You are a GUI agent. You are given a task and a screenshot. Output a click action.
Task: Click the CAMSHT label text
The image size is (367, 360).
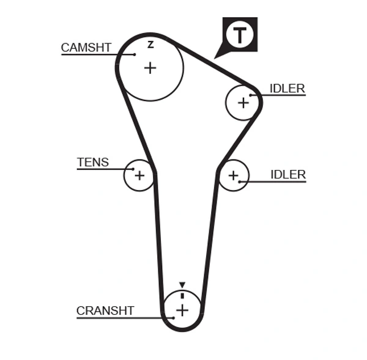(x=86, y=47)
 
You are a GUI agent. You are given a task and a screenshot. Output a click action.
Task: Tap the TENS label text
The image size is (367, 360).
(x=93, y=162)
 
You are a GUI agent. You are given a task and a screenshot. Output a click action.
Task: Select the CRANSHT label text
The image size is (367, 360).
(x=105, y=310)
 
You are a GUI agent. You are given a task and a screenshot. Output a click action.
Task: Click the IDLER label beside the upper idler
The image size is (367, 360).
(x=287, y=89)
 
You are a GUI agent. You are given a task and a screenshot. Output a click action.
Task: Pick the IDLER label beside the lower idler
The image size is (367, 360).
(x=287, y=175)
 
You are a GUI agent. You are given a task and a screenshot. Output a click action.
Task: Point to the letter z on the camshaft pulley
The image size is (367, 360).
(x=150, y=44)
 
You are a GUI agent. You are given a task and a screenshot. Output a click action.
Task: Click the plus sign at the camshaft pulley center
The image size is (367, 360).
(x=150, y=67)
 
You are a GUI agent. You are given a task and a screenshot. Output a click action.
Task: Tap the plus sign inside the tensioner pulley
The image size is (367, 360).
(x=139, y=176)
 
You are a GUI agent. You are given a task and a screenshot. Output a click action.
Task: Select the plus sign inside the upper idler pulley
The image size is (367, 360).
(x=243, y=102)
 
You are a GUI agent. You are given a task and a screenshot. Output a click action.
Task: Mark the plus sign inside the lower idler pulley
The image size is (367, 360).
(x=233, y=176)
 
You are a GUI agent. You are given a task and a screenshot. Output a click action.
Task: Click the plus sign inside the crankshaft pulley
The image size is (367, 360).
(x=182, y=310)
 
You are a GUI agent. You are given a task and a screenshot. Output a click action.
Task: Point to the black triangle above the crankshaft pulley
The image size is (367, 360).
(x=182, y=285)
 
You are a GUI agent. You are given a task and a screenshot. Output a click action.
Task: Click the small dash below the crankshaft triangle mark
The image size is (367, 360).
(x=182, y=295)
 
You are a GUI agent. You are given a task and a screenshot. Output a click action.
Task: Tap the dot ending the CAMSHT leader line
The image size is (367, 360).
(x=135, y=54)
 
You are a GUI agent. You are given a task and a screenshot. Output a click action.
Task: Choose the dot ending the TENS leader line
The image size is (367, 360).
(x=133, y=168)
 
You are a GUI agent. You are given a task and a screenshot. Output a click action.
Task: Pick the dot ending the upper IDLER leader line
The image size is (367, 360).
(x=251, y=95)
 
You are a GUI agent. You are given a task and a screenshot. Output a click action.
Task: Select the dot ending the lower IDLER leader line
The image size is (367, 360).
(x=240, y=182)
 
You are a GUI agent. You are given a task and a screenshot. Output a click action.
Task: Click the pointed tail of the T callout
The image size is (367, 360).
(x=215, y=57)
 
